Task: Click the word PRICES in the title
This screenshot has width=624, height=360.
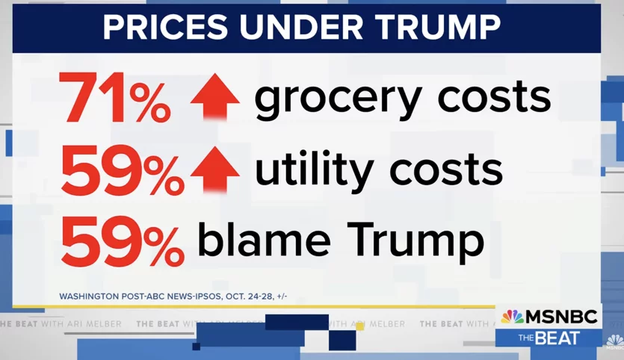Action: tap(165, 28)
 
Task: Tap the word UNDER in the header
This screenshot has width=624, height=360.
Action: tap(301, 28)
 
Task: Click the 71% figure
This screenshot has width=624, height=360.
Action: tap(114, 97)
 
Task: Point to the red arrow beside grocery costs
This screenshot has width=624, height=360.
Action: tap(215, 96)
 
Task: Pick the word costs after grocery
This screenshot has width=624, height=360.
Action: tap(494, 96)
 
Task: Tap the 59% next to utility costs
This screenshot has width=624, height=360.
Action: tap(123, 170)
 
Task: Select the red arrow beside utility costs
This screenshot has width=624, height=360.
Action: tap(215, 170)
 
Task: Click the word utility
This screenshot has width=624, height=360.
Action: tap(315, 170)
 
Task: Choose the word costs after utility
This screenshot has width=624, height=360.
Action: tap(445, 170)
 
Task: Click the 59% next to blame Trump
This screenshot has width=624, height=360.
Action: tap(123, 241)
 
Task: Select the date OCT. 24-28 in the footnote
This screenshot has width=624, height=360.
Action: tap(250, 297)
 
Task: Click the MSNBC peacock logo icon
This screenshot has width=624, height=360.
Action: tap(512, 317)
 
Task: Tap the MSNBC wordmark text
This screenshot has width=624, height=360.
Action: tap(561, 317)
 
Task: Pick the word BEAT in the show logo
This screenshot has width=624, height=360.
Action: tap(557, 338)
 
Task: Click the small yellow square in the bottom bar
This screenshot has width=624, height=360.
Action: tap(359, 326)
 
